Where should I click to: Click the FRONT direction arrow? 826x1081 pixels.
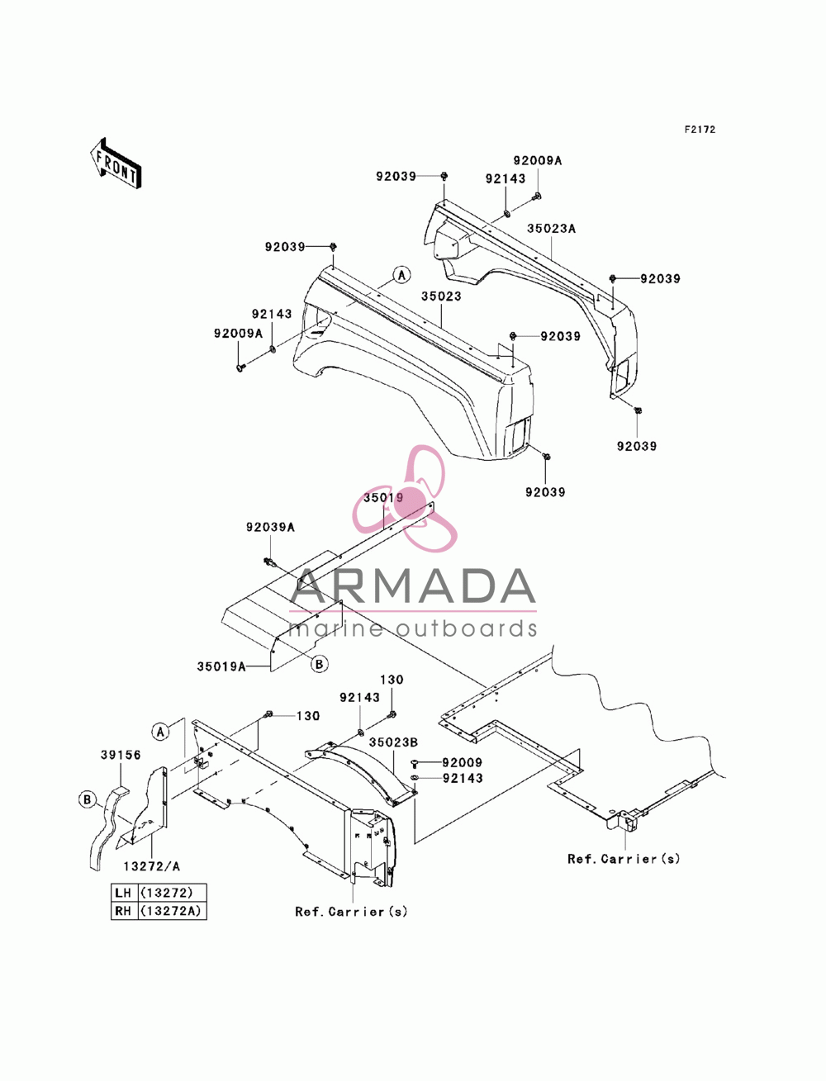[116, 163]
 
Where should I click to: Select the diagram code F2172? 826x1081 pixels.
[700, 130]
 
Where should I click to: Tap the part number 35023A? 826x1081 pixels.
[551, 229]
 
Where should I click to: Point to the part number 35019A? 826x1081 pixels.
[221, 666]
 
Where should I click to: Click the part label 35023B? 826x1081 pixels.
[393, 742]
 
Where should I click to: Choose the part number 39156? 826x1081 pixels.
[121, 755]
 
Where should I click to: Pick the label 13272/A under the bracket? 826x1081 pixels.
[152, 866]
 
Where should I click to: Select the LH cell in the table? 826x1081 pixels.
[123, 893]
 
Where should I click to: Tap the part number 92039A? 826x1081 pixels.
[270, 527]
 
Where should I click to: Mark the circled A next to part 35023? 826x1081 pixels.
[402, 275]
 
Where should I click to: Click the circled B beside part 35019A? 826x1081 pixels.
[319, 664]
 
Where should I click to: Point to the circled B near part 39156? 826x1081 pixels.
[88, 799]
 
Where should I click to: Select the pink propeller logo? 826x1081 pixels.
[405, 498]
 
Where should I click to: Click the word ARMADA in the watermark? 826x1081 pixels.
[413, 586]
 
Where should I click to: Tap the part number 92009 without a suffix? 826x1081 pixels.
[462, 762]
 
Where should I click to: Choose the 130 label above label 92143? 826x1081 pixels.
[392, 680]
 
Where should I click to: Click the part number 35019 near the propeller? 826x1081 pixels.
[384, 497]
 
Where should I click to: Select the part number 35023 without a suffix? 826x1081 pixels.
[441, 296]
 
